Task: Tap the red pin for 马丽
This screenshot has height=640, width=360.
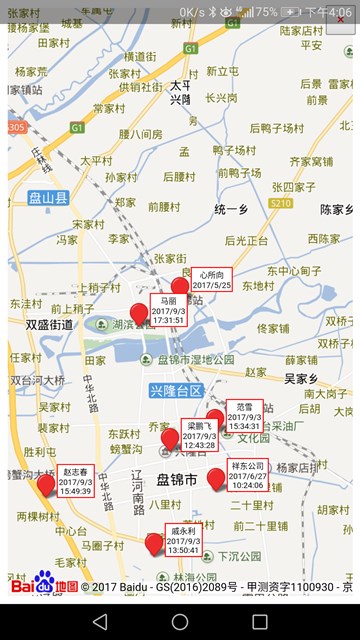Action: coord(140,315)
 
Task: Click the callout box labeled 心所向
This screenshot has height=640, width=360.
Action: coord(211,279)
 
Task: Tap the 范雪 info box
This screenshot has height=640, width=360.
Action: coord(245,415)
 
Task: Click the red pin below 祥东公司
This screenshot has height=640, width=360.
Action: coord(217,479)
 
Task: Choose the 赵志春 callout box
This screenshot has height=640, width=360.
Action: coord(75,481)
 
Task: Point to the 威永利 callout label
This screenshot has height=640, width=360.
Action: coord(183,539)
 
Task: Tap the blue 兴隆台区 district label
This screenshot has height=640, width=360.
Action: coord(176,390)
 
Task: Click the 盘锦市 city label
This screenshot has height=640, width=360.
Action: coord(177,481)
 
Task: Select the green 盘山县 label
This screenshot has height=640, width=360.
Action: coord(48,197)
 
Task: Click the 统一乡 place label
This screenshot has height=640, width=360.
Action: coord(230,209)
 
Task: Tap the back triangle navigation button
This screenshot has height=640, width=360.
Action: coord(99,621)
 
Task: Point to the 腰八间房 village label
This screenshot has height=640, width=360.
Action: coord(140,134)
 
